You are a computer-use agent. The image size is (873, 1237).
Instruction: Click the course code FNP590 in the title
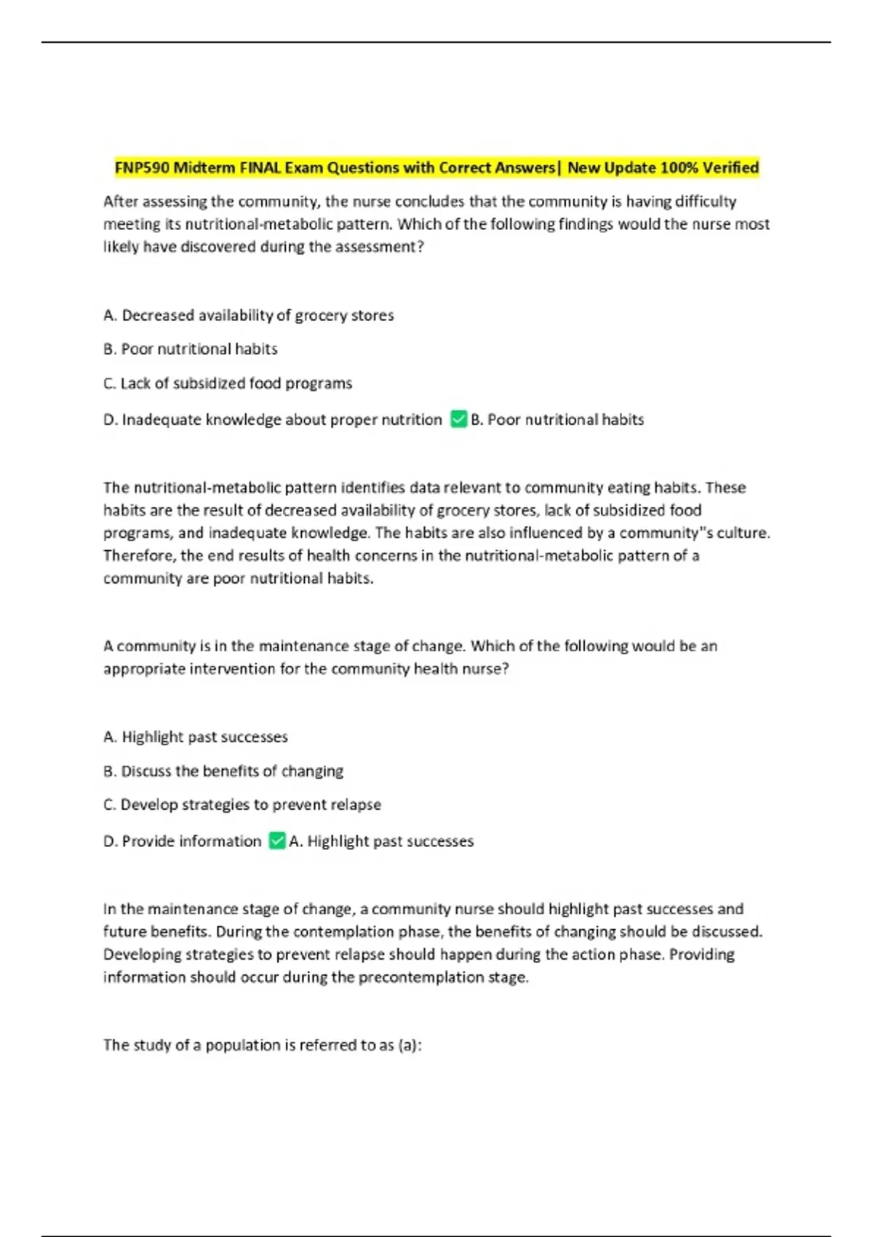coord(142,168)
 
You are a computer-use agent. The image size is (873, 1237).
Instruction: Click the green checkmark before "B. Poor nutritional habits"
coord(458,419)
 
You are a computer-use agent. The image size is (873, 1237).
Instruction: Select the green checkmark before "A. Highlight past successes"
coord(277,840)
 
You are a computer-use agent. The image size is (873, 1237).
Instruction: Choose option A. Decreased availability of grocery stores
coord(248,315)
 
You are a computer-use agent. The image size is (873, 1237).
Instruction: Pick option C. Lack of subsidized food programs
coord(228,383)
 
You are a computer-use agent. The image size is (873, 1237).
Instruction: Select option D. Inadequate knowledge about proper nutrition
coord(273,420)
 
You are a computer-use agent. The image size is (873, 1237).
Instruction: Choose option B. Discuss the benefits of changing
coord(223,771)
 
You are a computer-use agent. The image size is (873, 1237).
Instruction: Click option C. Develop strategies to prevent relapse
coord(242,805)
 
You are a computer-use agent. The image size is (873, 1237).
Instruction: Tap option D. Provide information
coord(183,841)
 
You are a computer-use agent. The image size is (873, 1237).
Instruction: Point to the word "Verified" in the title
coord(730,168)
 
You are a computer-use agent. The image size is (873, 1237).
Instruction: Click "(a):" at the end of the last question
coord(410,1045)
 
